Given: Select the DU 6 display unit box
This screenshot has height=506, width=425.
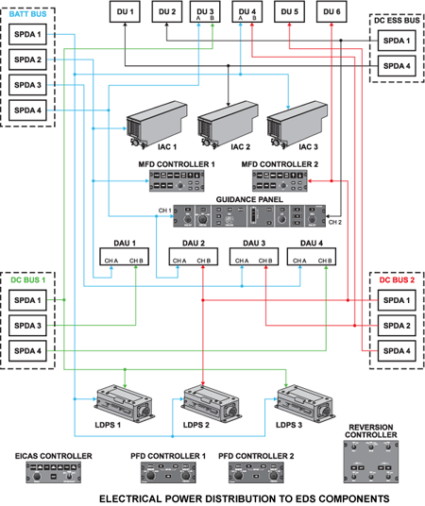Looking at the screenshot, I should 331,12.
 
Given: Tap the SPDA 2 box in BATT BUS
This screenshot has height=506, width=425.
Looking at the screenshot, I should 28,60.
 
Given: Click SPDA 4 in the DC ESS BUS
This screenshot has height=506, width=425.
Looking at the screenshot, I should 395,66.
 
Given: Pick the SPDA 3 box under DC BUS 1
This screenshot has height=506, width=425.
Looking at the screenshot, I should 28,326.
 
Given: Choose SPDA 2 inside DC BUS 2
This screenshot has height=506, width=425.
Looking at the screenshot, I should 395,326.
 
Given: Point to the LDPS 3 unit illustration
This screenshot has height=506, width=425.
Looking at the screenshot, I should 302,403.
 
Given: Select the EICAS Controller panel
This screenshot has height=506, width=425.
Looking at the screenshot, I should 53,473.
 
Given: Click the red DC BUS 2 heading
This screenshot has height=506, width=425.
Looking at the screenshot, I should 395,280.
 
